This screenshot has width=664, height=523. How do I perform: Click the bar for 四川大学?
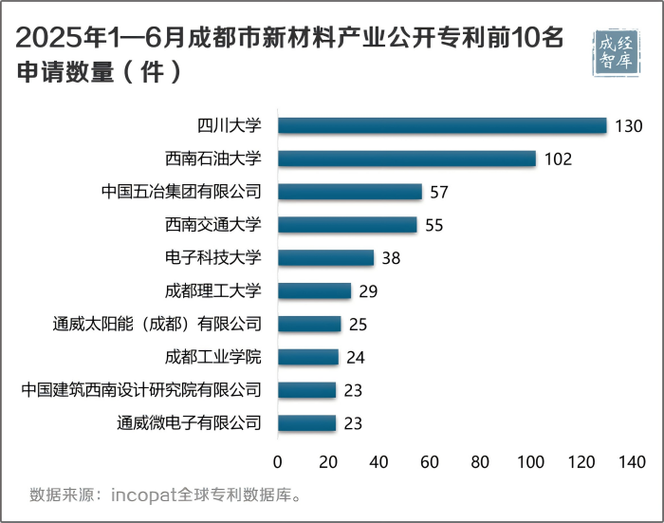click(x=442, y=125)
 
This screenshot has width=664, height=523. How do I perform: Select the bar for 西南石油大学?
click(x=407, y=159)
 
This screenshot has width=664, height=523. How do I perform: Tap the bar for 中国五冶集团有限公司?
click(x=350, y=192)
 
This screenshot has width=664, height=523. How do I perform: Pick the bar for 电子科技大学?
click(x=326, y=257)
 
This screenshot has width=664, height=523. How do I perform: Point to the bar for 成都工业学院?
click(x=308, y=357)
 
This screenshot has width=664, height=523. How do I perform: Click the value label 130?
click(x=629, y=126)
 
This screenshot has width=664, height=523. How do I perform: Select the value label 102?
click(x=558, y=159)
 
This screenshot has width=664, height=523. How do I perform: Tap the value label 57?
click(x=438, y=193)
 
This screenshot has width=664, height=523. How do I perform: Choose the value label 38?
click(x=392, y=258)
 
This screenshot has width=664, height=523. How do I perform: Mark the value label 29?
click(x=368, y=291)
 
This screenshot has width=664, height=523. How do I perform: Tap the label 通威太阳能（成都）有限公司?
click(x=157, y=324)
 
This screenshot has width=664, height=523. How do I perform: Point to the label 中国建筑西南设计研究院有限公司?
click(x=140, y=389)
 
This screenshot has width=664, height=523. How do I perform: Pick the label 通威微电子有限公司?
click(x=189, y=422)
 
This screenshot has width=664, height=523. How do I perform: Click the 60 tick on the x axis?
click(x=430, y=462)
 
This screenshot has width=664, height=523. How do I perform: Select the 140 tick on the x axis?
click(x=632, y=462)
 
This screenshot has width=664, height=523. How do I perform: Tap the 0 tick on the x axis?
click(x=278, y=462)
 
